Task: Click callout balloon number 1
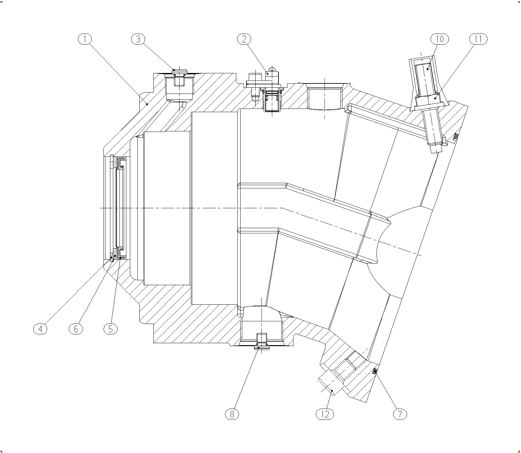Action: pyautogui.click(x=85, y=39)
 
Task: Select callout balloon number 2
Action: pyautogui.click(x=244, y=39)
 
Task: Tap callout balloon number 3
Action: pyautogui.click(x=138, y=39)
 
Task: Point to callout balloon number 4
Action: pyautogui.click(x=40, y=329)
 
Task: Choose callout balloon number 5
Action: pyautogui.click(x=111, y=329)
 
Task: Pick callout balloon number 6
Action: pyautogui.click(x=76, y=329)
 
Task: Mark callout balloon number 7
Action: pyautogui.click(x=400, y=414)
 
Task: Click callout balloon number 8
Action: pyautogui.click(x=232, y=414)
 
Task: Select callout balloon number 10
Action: pyautogui.click(x=439, y=39)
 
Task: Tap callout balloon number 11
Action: pyautogui.click(x=478, y=39)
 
